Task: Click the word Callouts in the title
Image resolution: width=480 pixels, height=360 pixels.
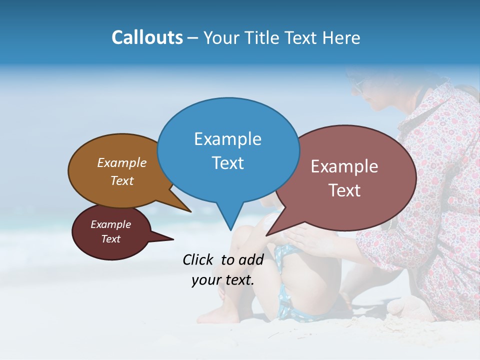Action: tap(147, 37)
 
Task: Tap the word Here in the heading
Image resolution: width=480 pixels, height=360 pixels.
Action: tap(340, 38)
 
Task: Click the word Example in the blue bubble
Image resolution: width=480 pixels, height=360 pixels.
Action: tap(227, 138)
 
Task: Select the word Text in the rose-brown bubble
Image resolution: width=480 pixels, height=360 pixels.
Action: tap(344, 190)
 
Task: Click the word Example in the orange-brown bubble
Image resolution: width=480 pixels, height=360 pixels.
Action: tap(121, 162)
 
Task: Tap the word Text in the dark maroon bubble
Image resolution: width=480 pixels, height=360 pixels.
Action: tap(110, 239)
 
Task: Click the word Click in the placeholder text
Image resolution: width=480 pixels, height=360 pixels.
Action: tap(200, 259)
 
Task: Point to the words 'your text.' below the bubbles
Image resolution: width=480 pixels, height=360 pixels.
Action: tap(223, 280)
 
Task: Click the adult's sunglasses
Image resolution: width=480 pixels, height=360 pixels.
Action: tap(358, 85)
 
